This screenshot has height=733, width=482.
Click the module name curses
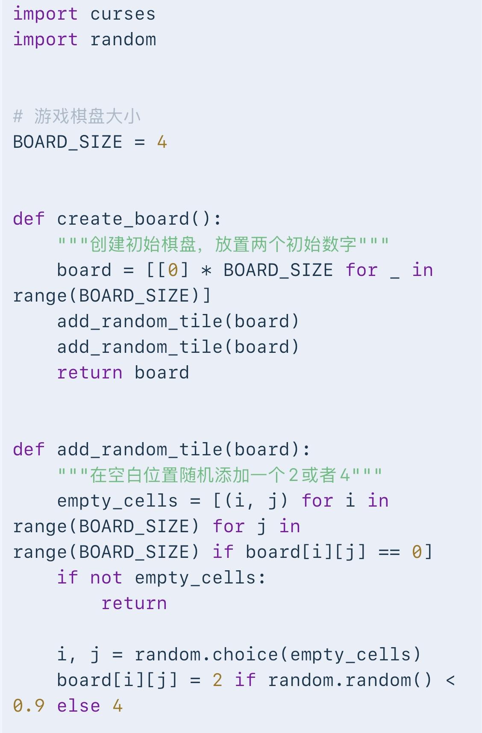pos(123,14)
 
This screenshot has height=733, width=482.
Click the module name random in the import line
pos(123,40)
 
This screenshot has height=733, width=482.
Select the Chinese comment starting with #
pos(77,116)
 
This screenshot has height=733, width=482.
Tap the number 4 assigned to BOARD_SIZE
pos(162,142)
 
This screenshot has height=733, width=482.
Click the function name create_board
pos(123,219)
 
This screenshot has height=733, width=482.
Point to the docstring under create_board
pos(223,244)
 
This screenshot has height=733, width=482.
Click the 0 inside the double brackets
pos(173,270)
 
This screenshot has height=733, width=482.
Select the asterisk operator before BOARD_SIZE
pos(206,271)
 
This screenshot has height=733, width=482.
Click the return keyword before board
pos(90,373)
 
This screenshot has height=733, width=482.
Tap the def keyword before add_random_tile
pos(29,449)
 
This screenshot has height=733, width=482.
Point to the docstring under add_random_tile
pos(220,475)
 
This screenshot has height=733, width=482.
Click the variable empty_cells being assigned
pos(117,501)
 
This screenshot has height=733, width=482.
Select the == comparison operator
pos(389,552)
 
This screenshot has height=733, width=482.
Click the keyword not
pos(106,578)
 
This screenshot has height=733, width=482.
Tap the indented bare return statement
pos(134,604)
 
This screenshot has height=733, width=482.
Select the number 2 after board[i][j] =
pos(217,680)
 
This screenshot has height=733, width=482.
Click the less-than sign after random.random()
pos(450,680)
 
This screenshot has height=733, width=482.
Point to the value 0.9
pos(29,706)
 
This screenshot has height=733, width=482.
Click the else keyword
pos(79,706)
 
